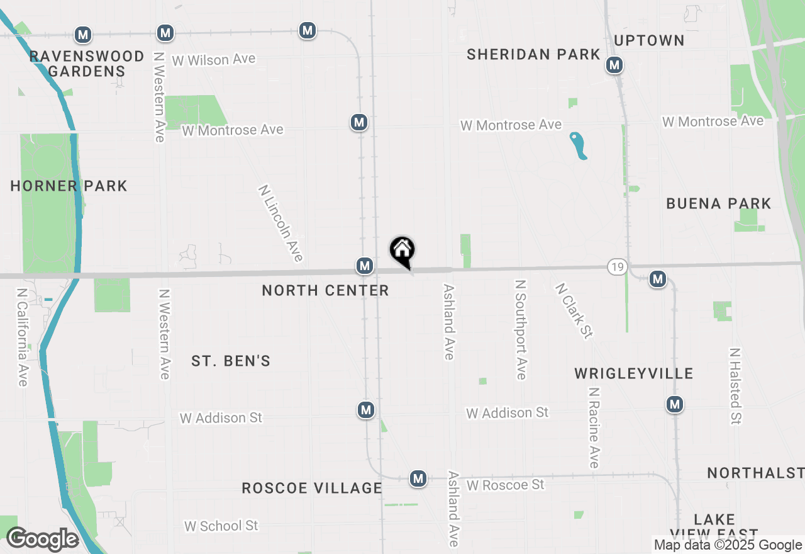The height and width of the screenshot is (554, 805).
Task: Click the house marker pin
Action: [402, 251]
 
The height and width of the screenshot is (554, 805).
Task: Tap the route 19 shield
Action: [617, 267]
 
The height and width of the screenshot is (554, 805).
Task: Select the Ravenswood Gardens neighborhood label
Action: [87, 64]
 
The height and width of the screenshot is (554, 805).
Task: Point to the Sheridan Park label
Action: [533, 55]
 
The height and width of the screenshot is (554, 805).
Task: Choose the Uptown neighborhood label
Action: [649, 41]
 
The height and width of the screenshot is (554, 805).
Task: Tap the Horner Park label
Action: [69, 186]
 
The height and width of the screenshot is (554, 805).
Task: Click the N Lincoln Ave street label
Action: [280, 223]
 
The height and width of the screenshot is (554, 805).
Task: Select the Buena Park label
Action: [718, 204]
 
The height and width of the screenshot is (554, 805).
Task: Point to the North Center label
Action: [325, 290]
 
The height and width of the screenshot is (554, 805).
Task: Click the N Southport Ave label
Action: [520, 330]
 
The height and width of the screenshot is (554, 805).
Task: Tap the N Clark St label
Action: [574, 310]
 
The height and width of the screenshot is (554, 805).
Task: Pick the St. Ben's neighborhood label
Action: [231, 361]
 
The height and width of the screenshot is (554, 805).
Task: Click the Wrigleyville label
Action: [634, 374]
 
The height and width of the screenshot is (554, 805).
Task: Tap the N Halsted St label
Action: [735, 385]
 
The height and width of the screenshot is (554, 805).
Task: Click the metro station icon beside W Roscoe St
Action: [418, 478]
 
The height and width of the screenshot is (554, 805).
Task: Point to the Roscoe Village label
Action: [312, 488]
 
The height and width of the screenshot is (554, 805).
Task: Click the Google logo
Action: [42, 539]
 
